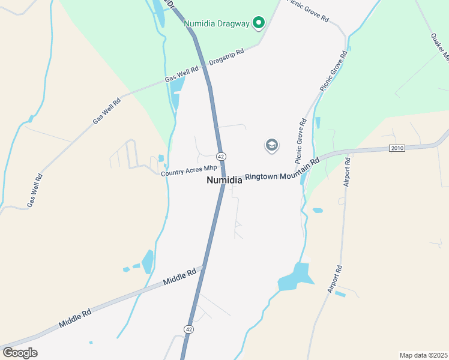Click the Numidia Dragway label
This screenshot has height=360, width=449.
(x=216, y=23)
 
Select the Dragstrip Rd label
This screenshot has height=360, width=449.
(x=227, y=58)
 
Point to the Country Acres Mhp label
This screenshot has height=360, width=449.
(x=188, y=170)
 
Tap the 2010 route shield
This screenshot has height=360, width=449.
(x=397, y=148)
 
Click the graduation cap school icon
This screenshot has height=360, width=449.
(x=272, y=146)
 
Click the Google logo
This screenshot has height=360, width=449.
(x=20, y=353)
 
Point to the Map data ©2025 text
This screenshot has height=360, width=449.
(x=423, y=355)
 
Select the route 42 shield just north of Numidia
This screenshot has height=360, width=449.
(x=221, y=156)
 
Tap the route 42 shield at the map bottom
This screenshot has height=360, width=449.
(x=189, y=329)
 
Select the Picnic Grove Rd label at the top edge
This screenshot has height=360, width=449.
(x=309, y=11)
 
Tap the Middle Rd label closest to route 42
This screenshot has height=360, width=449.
(x=179, y=277)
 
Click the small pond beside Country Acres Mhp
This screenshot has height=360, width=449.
(x=161, y=158)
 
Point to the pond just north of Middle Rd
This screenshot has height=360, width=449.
(x=148, y=262)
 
